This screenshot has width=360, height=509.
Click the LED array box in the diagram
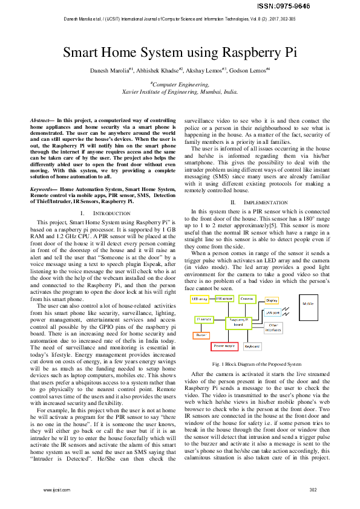[199, 299]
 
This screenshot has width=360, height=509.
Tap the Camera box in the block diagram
[247, 299]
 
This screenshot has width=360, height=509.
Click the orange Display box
[272, 300]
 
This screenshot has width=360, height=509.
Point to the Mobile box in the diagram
[309, 320]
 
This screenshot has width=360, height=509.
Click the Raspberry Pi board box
[238, 322]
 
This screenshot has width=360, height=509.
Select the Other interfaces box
[273, 326]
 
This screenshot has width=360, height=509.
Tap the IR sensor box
[203, 319]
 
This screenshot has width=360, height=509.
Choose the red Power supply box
[225, 346]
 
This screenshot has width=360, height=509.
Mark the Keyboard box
[252, 347]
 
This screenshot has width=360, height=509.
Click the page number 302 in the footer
[313, 490]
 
